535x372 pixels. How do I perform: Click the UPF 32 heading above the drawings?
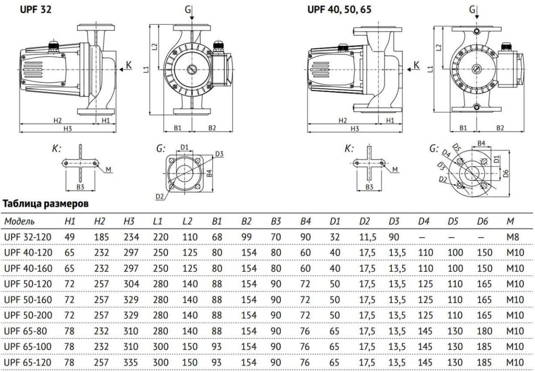coord(36,8)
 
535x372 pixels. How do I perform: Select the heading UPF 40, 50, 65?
coord(339,8)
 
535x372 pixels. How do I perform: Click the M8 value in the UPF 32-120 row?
coord(512,237)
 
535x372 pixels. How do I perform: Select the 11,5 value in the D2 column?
coord(368,237)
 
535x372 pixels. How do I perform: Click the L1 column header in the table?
coord(157,221)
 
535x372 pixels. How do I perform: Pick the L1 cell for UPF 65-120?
coord(160,362)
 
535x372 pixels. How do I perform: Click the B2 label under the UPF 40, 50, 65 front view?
coord(500,128)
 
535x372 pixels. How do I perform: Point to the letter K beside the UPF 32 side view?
coord(129,65)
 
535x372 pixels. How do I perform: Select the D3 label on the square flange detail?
coord(218,154)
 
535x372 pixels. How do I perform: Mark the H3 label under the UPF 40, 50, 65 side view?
coord(354,128)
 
